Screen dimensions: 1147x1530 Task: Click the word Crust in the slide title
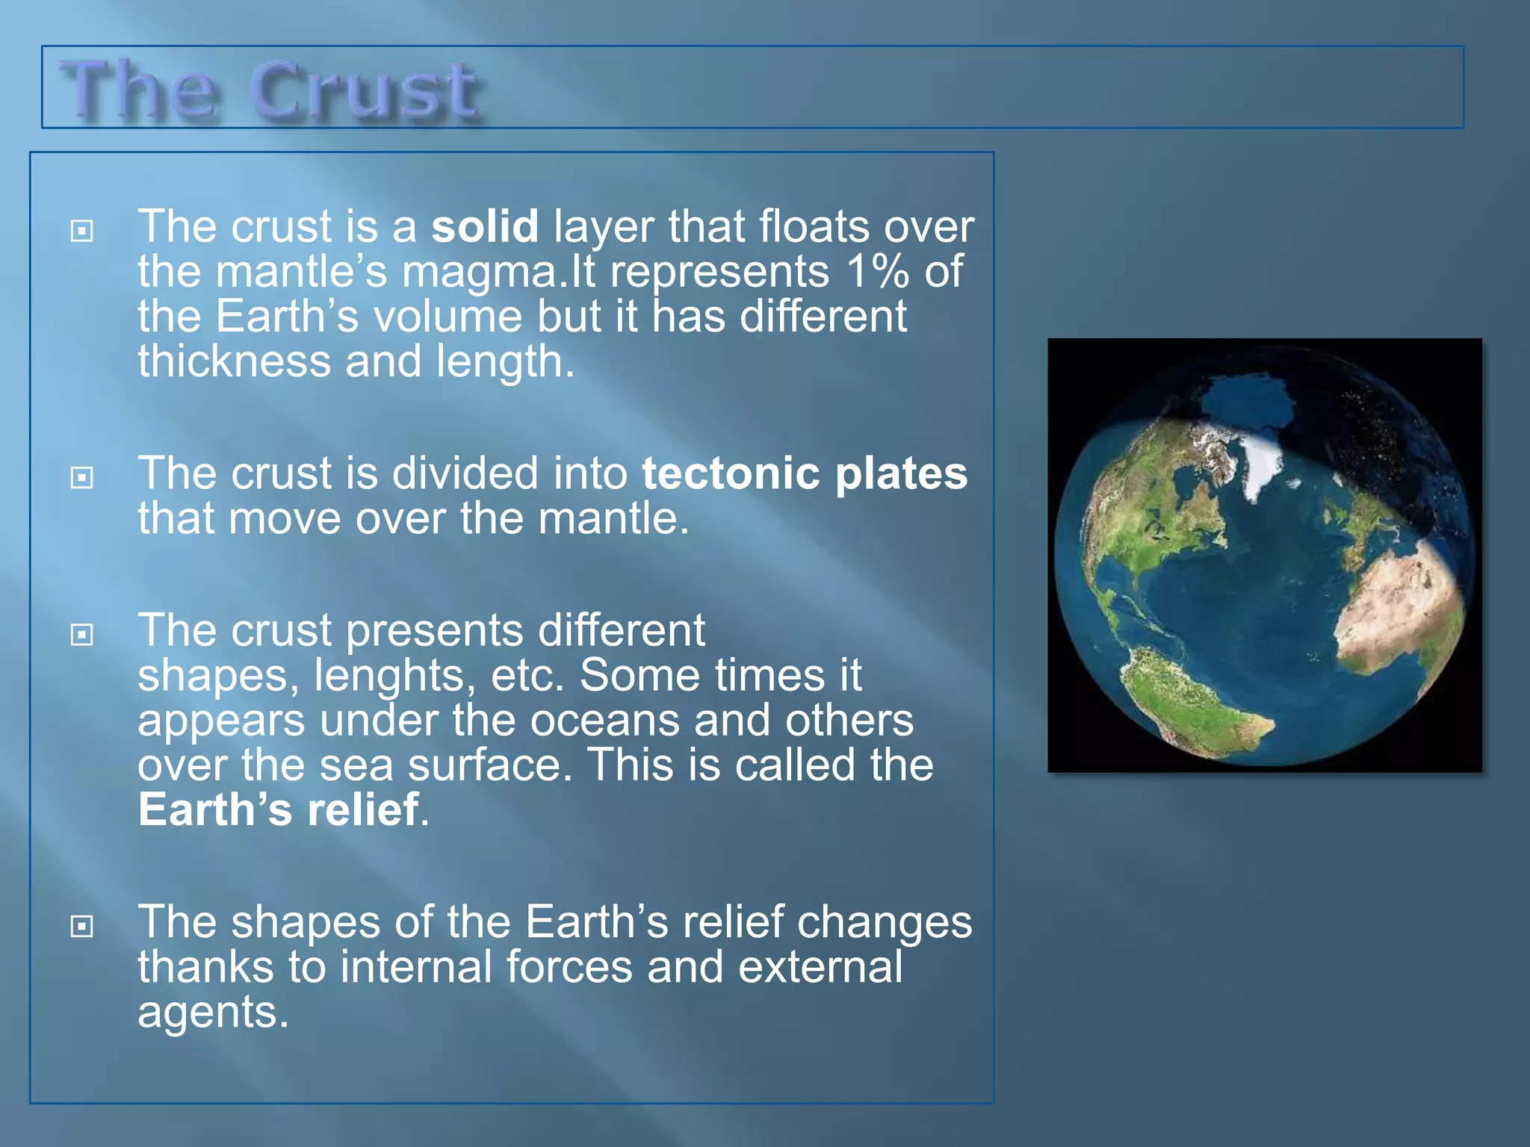coord(364,93)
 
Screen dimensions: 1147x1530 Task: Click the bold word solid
coord(485,226)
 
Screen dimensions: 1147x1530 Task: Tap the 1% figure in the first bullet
coord(877,271)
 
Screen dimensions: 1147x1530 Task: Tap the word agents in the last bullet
coord(212,1013)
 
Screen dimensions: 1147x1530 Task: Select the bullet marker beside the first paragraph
coord(81,231)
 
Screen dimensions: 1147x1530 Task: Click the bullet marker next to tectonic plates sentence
coord(81,477)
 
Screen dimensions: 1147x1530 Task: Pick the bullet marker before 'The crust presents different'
coord(81,635)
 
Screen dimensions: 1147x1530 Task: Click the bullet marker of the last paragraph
coord(81,926)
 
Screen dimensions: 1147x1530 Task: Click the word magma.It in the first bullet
coord(498,271)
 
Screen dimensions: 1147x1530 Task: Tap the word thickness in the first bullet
coord(234,361)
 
